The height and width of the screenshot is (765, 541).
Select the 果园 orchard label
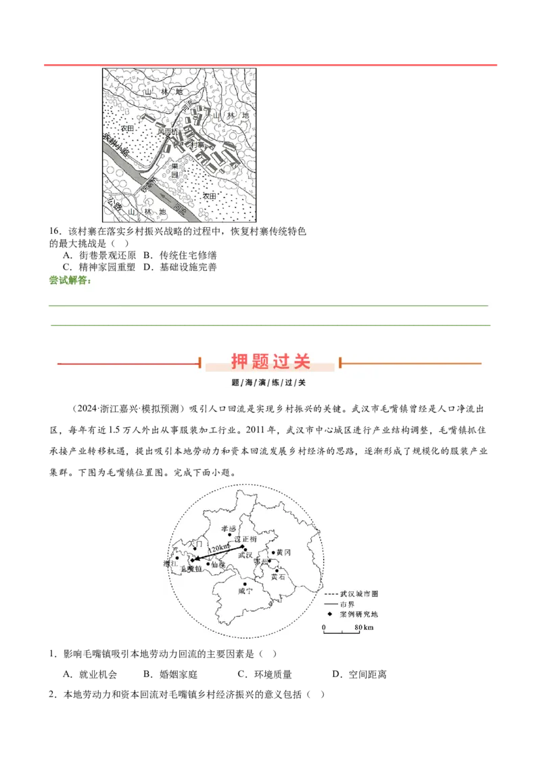coord(175,170)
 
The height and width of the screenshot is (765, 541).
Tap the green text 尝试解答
coord(70,280)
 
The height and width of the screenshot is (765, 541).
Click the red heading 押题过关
coord(270,362)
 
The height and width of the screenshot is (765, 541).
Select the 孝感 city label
coord(229,528)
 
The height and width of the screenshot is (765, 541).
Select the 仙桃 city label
coord(218,564)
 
